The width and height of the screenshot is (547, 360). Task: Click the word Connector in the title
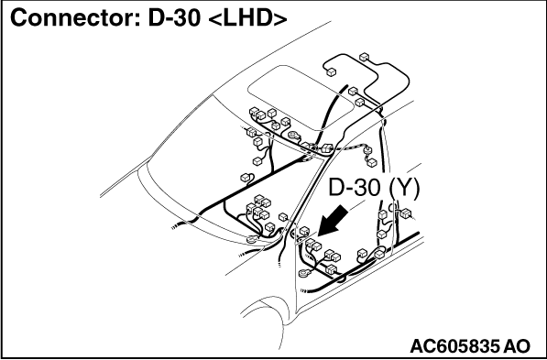click(x=71, y=18)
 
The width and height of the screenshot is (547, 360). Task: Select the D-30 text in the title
click(x=174, y=18)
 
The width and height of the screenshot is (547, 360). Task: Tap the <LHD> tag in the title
click(x=247, y=18)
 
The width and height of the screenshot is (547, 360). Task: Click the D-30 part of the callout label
click(x=354, y=188)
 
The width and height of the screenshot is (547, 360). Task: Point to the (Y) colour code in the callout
click(x=404, y=189)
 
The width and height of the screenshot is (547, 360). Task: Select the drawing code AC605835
click(x=454, y=346)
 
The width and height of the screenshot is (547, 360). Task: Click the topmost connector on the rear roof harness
click(x=364, y=57)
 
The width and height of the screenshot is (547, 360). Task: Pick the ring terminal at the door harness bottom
click(x=305, y=273)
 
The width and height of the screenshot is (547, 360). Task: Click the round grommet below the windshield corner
click(x=252, y=239)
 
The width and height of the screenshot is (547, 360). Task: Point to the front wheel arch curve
click(x=265, y=307)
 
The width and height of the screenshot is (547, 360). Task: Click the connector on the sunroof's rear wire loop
click(x=331, y=72)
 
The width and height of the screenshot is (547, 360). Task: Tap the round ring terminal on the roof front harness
click(x=294, y=136)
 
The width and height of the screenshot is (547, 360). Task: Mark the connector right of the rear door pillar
click(x=406, y=213)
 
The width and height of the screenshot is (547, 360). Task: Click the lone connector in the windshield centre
click(x=246, y=178)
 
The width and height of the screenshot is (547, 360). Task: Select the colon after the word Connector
click(x=138, y=21)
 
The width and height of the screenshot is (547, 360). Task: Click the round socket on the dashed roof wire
click(x=367, y=151)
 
